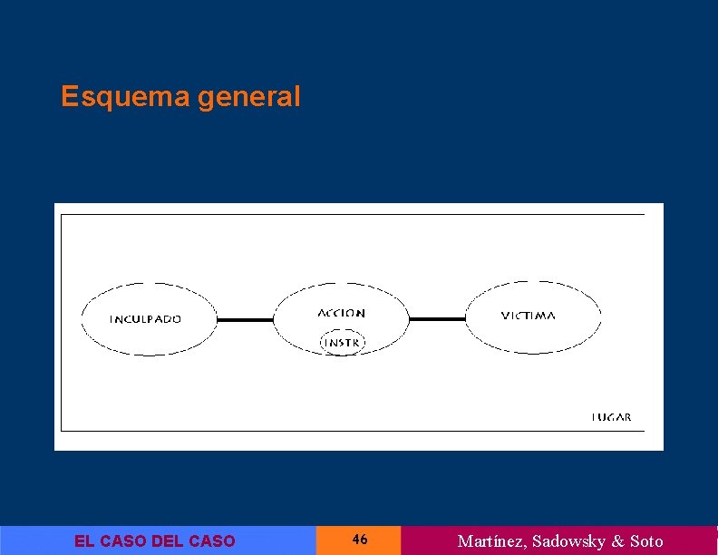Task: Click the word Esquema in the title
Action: tap(125, 97)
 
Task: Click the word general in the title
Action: tap(247, 97)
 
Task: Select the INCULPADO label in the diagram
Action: tap(145, 319)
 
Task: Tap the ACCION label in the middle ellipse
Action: tap(342, 313)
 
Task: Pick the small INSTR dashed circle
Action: tap(342, 343)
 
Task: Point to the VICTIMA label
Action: tap(529, 316)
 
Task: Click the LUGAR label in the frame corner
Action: tap(612, 418)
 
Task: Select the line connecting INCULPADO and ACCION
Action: tap(245, 319)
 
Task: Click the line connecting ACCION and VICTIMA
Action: tap(437, 318)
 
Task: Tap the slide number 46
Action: tap(360, 540)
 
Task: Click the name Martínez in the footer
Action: tap(491, 541)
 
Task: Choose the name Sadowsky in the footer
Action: tap(568, 541)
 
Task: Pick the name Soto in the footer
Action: tap(646, 541)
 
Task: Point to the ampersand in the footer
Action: tap(618, 541)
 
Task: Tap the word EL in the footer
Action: tap(84, 541)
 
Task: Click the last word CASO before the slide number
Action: tap(212, 541)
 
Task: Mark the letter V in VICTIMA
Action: tap(505, 316)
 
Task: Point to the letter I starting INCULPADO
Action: tap(112, 319)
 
